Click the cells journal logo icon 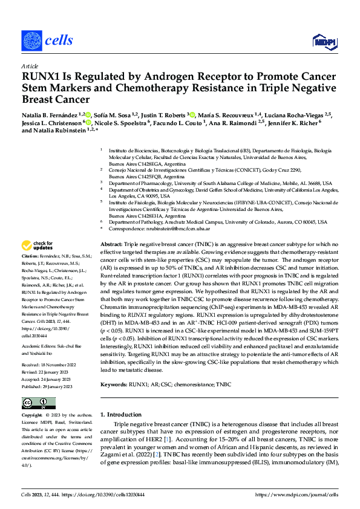click(33, 41)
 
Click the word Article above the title click(30, 66)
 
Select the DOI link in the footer click(107, 494)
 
